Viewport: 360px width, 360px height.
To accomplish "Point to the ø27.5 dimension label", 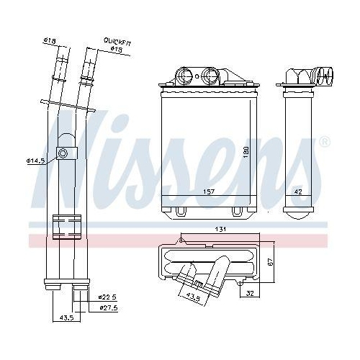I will (x=107, y=307).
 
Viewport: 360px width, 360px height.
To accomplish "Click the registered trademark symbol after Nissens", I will (x=324, y=140).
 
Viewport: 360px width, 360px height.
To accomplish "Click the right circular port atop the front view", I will (x=213, y=74).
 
